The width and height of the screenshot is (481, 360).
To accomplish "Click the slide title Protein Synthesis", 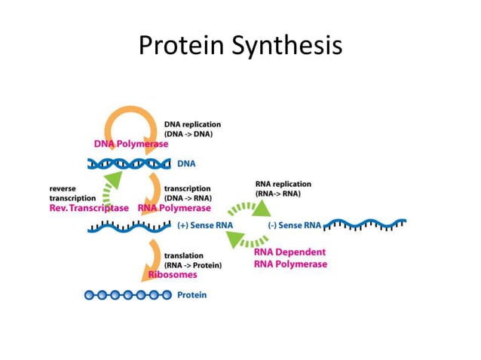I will (x=240, y=46).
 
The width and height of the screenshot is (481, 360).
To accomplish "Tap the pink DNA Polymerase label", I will (x=131, y=143).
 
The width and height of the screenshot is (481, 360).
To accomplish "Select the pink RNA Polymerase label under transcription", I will (x=174, y=208).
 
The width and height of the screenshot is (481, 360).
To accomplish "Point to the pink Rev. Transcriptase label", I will (x=89, y=208).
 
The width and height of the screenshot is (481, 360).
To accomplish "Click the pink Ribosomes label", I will (x=173, y=275).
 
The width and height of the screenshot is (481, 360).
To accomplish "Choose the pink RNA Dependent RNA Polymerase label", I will (x=290, y=258).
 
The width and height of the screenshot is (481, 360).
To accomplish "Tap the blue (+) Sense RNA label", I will (x=206, y=225).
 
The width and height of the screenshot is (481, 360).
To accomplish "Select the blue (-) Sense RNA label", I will (x=296, y=225).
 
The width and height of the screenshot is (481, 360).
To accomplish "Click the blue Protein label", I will (x=191, y=294).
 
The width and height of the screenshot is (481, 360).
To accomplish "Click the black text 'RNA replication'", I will (x=283, y=184).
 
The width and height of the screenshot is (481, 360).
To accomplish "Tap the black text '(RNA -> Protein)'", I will (x=193, y=265).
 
